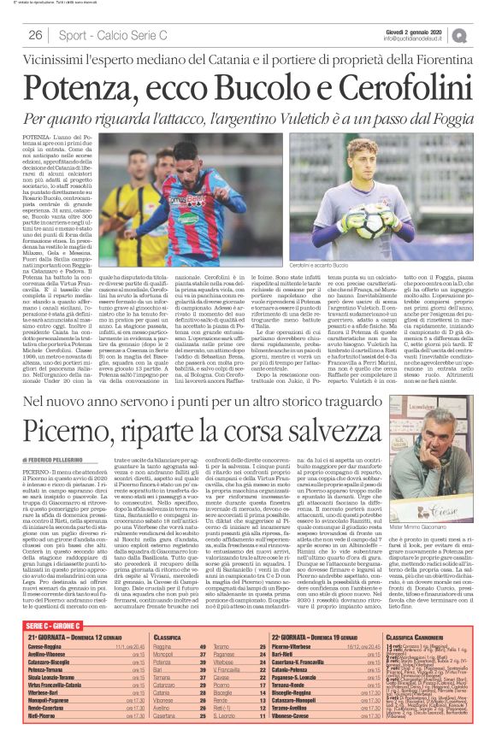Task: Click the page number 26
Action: [x=35, y=35]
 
